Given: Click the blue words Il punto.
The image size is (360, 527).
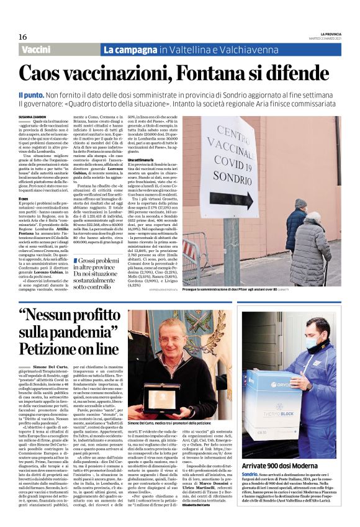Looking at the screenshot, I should [x=30, y=92].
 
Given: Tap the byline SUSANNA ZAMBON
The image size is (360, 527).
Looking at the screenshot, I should [x=32, y=116].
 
